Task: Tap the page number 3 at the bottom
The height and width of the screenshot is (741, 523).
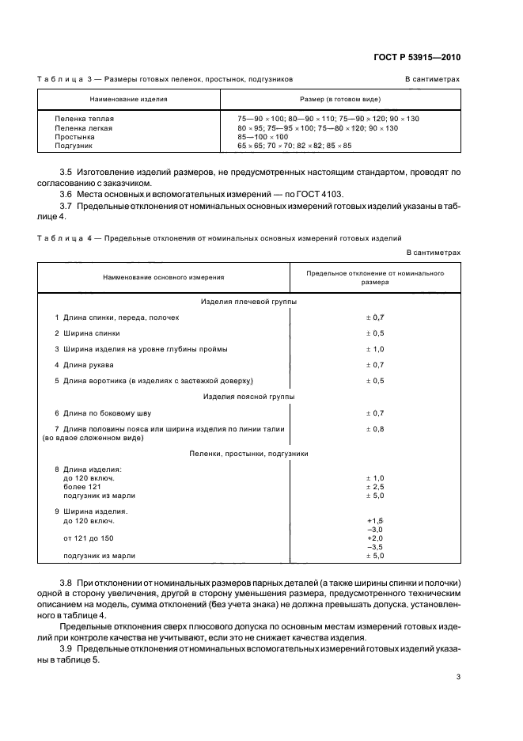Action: [x=458, y=677]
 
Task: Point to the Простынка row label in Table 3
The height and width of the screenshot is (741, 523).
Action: [x=76, y=137]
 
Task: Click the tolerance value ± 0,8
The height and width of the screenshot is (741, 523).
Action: [x=374, y=429]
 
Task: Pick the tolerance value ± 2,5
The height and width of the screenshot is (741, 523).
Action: [x=374, y=487]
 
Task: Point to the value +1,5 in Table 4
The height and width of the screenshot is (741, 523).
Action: [x=375, y=521]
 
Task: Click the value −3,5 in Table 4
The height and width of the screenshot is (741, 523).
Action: [x=375, y=547]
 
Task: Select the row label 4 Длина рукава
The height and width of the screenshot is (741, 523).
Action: [x=84, y=365]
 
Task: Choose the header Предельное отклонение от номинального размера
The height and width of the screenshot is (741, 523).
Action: [x=375, y=277]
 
